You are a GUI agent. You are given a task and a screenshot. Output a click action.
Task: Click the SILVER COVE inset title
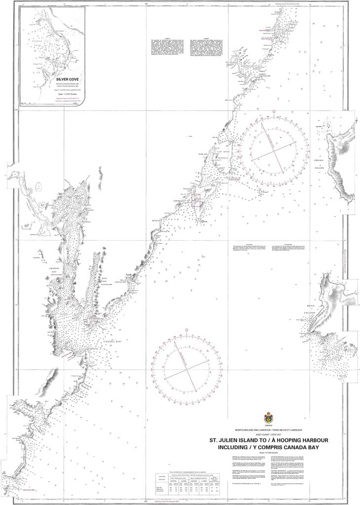[x=67, y=79]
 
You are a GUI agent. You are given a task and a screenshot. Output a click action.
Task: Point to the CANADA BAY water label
[x=112, y=341]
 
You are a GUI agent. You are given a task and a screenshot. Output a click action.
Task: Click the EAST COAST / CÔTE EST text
[x=268, y=434]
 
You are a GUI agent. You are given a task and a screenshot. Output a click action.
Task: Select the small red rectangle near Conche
[x=196, y=199]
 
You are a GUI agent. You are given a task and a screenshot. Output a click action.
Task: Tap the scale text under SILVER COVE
[x=67, y=93]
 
